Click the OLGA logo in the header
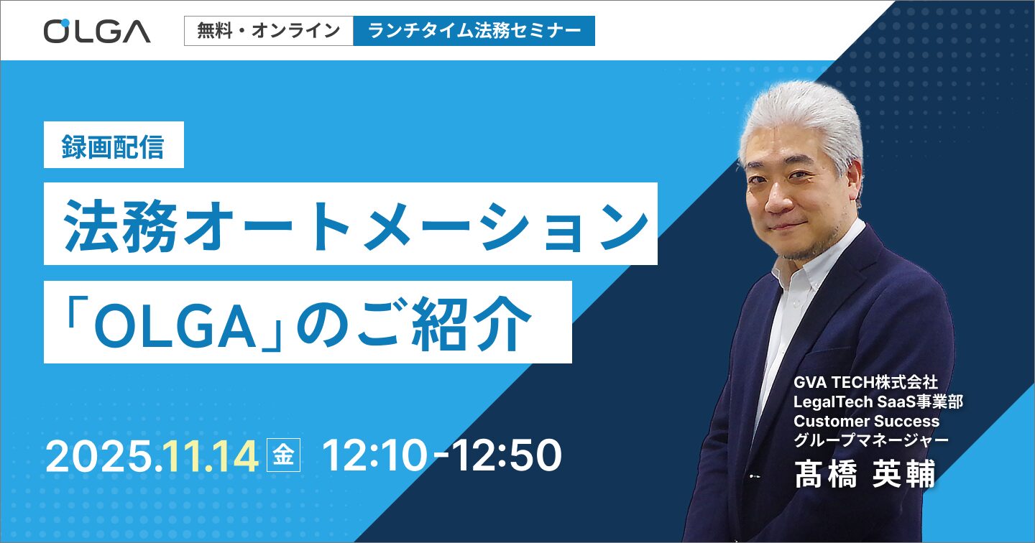point(97,31)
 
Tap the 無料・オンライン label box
point(269,31)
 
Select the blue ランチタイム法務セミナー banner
point(474,31)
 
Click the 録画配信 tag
point(114,145)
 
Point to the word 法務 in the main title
point(121,226)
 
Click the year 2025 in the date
point(100,455)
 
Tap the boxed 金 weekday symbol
point(284,455)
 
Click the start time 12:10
point(374,455)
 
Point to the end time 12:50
point(507,455)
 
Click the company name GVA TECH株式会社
point(865,382)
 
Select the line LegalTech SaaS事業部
point(878,402)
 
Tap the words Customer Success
point(866,421)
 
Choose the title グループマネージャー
point(871,440)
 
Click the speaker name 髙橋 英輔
point(865,474)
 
